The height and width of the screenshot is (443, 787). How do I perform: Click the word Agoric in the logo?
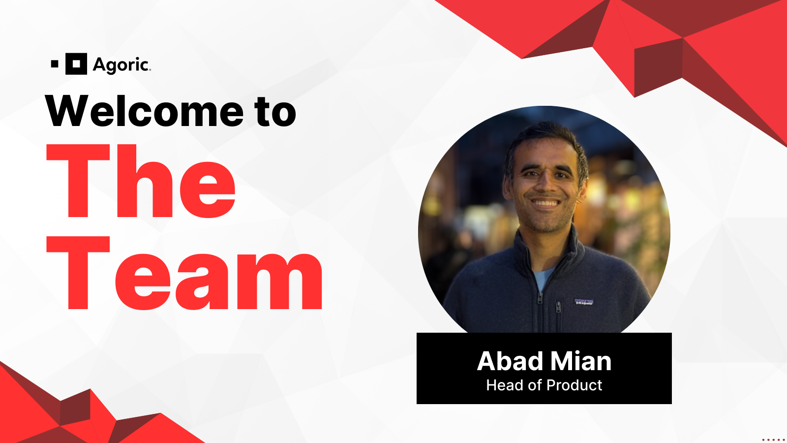point(121,64)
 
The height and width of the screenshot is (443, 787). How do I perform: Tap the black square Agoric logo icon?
point(76,64)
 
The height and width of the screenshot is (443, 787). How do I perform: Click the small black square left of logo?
point(55,64)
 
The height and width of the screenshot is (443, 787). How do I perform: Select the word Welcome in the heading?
point(144,111)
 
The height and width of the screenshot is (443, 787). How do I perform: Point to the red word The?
point(141,181)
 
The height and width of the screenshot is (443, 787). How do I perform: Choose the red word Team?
point(185,274)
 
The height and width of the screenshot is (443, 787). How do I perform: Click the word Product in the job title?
point(574,385)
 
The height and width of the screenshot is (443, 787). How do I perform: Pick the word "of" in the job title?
point(534,385)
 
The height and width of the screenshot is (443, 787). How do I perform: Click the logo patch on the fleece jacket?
point(584,302)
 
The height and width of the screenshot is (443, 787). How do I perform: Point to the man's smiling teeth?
point(545,202)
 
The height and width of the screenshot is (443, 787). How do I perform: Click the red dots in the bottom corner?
point(773,440)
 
